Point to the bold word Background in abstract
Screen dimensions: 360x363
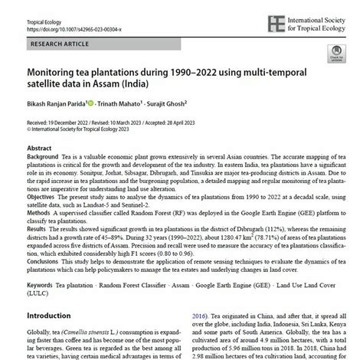point(44,155)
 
